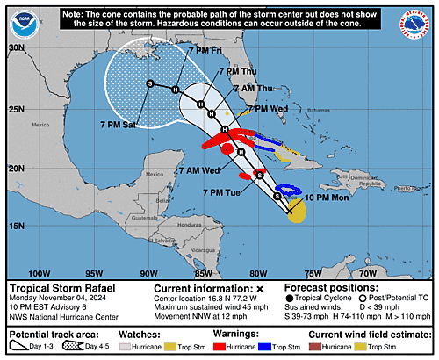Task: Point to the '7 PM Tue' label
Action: tap(223, 191)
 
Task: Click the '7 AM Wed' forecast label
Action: tap(198, 169)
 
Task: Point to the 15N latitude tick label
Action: tap(16, 227)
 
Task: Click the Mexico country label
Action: tap(42, 126)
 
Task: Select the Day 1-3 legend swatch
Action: tap(22, 346)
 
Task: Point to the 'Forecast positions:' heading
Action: tap(331, 287)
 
